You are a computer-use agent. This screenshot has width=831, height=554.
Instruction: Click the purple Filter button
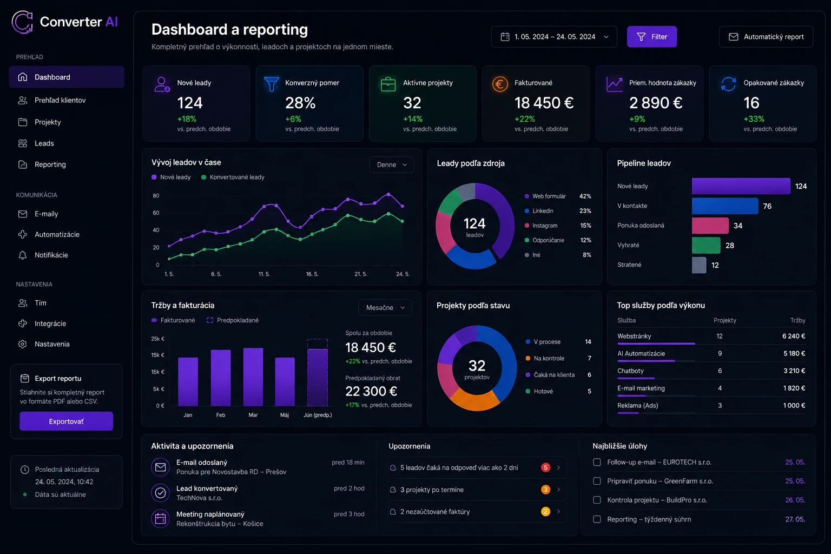tap(651, 37)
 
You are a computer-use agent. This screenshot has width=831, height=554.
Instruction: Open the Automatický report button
tap(766, 37)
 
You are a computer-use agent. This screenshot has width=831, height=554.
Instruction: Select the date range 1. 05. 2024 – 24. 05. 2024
tap(554, 37)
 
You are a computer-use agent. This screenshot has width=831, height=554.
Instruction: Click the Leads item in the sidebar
tap(44, 143)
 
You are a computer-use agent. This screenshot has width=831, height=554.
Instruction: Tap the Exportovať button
tap(66, 421)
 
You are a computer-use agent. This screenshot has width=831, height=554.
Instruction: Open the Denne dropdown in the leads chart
tap(391, 164)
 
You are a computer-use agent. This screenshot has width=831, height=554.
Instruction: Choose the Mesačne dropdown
tap(385, 308)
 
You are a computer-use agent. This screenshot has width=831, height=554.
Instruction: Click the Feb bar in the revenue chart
tap(220, 378)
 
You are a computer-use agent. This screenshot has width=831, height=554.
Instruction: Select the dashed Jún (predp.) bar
tap(317, 372)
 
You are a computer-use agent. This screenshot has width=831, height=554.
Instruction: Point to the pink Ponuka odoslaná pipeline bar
tap(710, 226)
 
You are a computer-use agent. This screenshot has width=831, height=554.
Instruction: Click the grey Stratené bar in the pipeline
tap(699, 265)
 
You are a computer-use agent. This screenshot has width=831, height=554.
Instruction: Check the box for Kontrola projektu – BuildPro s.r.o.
tap(597, 500)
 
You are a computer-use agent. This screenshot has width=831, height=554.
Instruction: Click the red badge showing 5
tap(545, 467)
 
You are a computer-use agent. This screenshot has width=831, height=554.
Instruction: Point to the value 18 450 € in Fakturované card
tap(544, 103)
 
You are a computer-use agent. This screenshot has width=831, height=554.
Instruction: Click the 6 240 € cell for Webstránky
tap(794, 336)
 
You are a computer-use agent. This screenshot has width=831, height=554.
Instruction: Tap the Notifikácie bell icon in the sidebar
tap(23, 255)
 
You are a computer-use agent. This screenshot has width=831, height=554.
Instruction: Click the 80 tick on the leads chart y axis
tap(156, 195)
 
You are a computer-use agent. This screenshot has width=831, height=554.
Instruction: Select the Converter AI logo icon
tap(22, 22)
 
